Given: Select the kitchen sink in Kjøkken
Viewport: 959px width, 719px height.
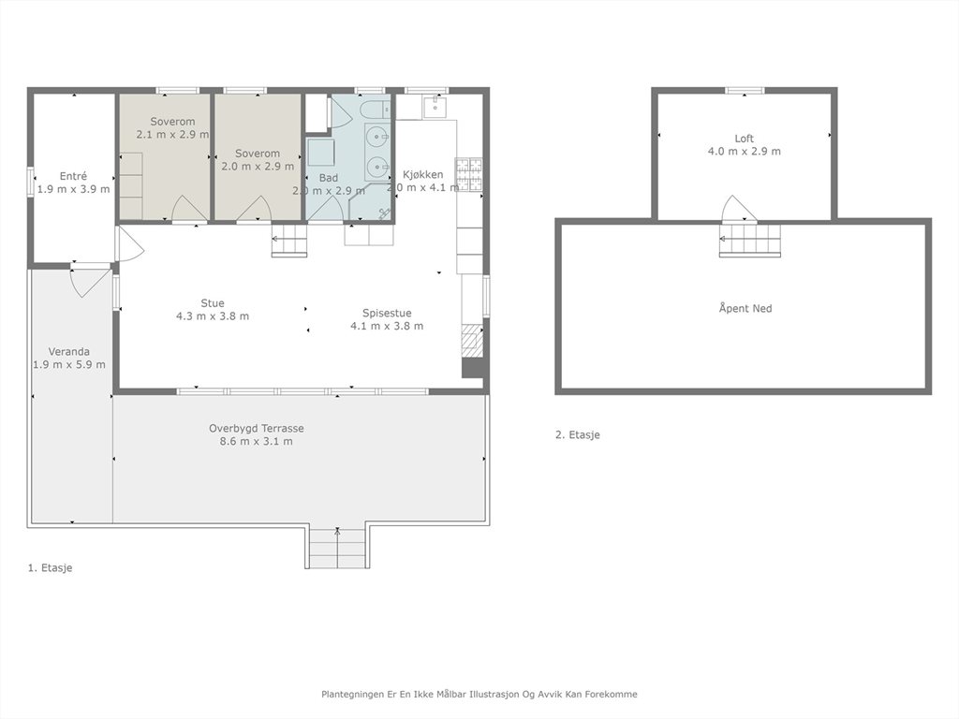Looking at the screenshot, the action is pyautogui.click(x=435, y=108).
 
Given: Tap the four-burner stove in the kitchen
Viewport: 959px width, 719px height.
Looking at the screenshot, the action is pyautogui.click(x=468, y=174).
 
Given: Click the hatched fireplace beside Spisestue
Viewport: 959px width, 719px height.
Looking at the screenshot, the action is pyautogui.click(x=472, y=341).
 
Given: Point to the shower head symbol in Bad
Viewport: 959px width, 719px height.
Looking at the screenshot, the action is pyautogui.click(x=385, y=213).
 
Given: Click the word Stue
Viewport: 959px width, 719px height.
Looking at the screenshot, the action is pyautogui.click(x=213, y=303).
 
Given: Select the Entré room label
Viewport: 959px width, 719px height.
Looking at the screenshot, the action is pyautogui.click(x=73, y=176).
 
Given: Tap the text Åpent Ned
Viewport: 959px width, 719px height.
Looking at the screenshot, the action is pyautogui.click(x=745, y=308).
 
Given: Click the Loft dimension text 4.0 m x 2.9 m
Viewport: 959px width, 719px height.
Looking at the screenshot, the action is pyautogui.click(x=745, y=151).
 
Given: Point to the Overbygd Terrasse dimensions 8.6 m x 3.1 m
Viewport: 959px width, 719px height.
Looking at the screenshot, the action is pyautogui.click(x=257, y=441).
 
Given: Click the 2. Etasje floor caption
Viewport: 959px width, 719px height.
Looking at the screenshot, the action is pyautogui.click(x=577, y=434).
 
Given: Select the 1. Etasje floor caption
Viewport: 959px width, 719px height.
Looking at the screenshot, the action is pyautogui.click(x=51, y=567).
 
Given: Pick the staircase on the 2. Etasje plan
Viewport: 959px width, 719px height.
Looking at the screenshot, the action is pyautogui.click(x=750, y=240).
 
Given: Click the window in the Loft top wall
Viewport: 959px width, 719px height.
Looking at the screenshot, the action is pyautogui.click(x=745, y=91).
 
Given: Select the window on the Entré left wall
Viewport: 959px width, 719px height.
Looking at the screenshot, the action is pyautogui.click(x=30, y=183).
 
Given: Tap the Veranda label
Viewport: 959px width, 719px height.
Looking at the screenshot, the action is pyautogui.click(x=69, y=352).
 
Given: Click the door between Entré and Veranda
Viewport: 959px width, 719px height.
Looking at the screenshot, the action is pyautogui.click(x=89, y=280).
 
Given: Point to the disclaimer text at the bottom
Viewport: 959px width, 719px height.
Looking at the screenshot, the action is pyautogui.click(x=479, y=694).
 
